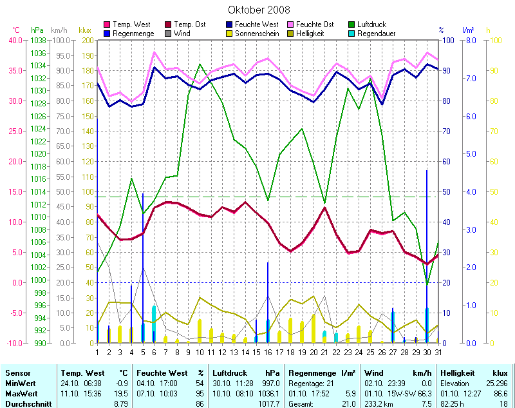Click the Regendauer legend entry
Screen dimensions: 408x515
click(x=376, y=33)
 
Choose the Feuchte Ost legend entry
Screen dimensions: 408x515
click(x=314, y=24)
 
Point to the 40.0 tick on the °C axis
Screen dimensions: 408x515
click(x=14, y=40)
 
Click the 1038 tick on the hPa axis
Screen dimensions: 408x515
click(x=38, y=40)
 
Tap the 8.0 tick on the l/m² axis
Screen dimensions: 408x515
click(x=470, y=40)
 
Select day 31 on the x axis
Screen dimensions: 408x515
click(x=438, y=351)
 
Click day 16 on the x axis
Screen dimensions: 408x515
click(x=268, y=351)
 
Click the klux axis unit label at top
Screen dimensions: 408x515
click(x=84, y=30)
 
